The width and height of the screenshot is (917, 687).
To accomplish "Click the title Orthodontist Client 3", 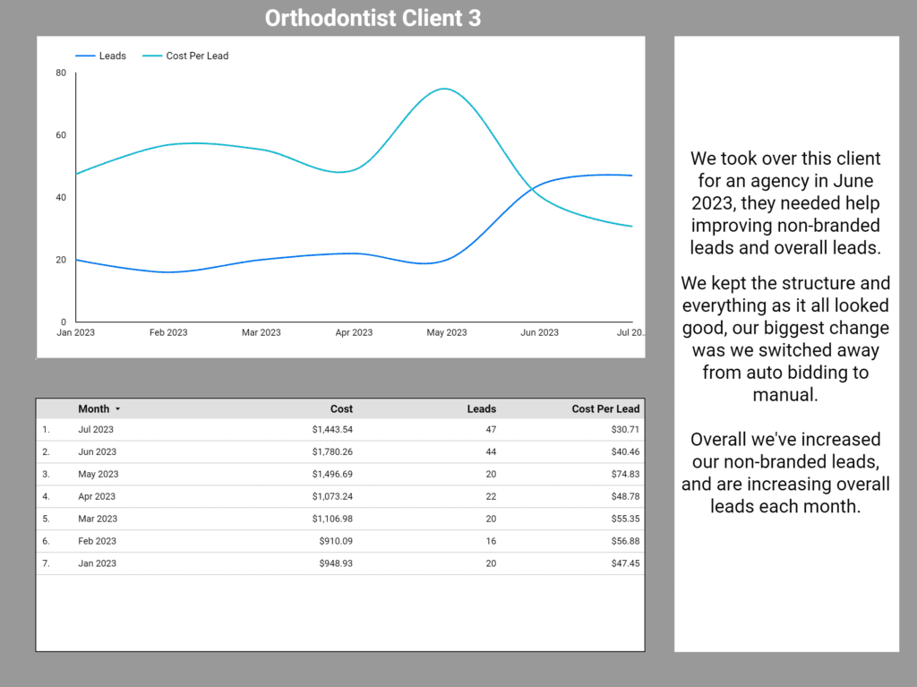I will pyautogui.click(x=373, y=18).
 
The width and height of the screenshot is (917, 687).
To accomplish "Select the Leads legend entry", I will pyautogui.click(x=112, y=56).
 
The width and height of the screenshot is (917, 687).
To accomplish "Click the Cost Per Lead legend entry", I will pyautogui.click(x=197, y=56).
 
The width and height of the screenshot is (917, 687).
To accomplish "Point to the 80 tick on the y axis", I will pyautogui.click(x=61, y=73).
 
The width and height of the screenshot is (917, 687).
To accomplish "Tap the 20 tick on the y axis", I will pyautogui.click(x=61, y=260).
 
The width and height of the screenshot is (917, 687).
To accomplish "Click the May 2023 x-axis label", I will pyautogui.click(x=446, y=332).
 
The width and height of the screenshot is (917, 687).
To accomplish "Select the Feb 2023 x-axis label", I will pyautogui.click(x=168, y=332).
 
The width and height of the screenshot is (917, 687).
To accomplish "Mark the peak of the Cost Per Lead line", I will pyautogui.click(x=443, y=89).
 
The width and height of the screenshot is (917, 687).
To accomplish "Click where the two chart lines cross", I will pyautogui.click(x=532, y=189).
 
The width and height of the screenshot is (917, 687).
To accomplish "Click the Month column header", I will pyautogui.click(x=94, y=408).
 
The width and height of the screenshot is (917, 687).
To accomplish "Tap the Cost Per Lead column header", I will pyautogui.click(x=605, y=408).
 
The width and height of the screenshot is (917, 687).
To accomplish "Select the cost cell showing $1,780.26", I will pyautogui.click(x=332, y=451).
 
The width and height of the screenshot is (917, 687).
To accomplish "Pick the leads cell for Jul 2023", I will pyautogui.click(x=490, y=429).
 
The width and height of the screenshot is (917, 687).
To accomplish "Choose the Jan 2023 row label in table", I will pyautogui.click(x=97, y=563).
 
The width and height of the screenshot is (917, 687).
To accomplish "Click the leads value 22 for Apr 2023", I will pyautogui.click(x=490, y=496).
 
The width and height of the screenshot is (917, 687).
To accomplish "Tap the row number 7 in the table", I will pyautogui.click(x=46, y=563).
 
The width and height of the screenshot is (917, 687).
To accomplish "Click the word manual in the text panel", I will pyautogui.click(x=785, y=394).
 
